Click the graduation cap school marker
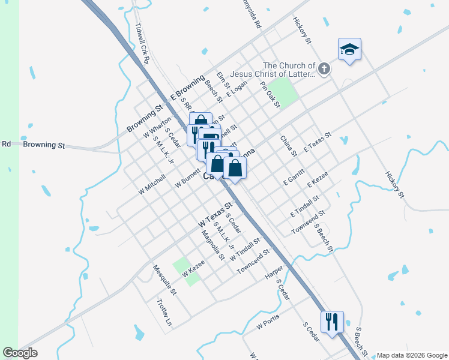[349, 49]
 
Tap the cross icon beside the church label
[324, 69]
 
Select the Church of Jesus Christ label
[289, 70]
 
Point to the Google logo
[20, 353]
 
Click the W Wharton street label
[157, 127]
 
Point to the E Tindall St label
[305, 206]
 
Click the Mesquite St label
[164, 280]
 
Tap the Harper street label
[274, 273]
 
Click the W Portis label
[268, 323]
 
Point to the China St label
[289, 145]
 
